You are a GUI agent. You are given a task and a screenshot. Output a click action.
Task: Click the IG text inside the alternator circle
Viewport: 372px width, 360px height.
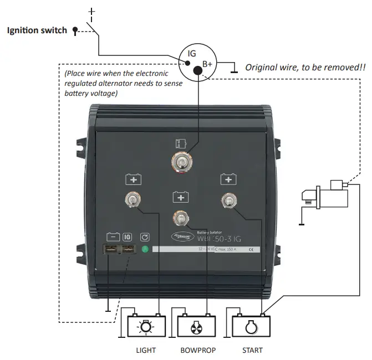point(192,53)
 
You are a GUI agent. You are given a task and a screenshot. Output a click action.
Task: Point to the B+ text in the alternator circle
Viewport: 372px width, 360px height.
point(207,64)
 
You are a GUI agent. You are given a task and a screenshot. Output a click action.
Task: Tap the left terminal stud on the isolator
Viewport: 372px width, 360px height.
point(133,199)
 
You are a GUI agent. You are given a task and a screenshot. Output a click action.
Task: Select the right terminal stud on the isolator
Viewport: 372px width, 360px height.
point(227,199)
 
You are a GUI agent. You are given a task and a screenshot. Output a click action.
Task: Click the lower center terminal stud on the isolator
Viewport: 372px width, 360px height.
point(180,217)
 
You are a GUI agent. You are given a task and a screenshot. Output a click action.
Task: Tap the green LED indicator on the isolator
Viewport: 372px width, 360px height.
point(145,250)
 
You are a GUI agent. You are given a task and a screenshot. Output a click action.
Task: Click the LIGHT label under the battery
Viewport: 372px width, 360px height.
point(146,350)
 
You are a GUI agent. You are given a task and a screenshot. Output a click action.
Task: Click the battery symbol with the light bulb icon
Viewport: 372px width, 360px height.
point(146,327)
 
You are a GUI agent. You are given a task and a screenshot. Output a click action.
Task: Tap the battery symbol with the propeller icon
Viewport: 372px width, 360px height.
point(196,327)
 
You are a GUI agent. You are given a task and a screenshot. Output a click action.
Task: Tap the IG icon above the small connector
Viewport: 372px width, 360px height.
point(127,236)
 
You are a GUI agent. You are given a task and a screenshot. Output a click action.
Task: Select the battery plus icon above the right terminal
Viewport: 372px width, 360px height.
point(227,179)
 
